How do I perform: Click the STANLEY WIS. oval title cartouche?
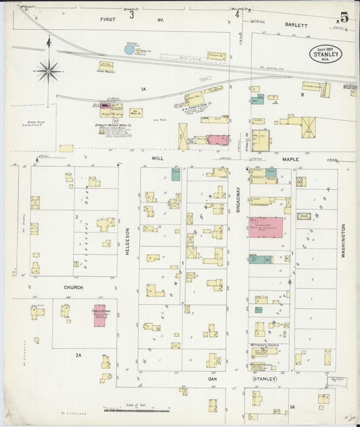(x=326, y=52)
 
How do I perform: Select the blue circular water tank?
(x=130, y=49)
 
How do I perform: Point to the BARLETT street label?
(x=296, y=25)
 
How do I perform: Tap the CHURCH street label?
(x=74, y=287)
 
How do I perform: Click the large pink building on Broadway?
(x=265, y=227)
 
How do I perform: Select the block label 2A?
(x=78, y=354)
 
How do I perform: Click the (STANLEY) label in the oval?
(x=265, y=380)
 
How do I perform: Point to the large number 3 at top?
(x=132, y=13)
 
